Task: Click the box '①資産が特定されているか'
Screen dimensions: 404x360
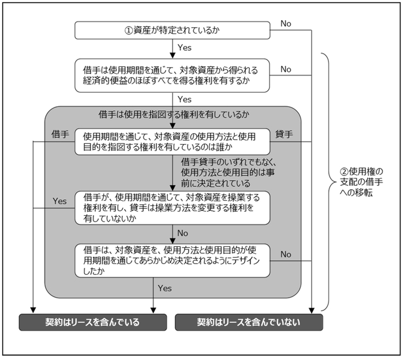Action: point(173,31)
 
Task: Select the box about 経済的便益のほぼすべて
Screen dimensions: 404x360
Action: point(173,76)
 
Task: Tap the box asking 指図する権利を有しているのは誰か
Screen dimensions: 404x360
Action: point(173,141)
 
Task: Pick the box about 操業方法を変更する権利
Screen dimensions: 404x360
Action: point(173,208)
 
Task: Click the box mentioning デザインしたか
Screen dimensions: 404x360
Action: point(173,261)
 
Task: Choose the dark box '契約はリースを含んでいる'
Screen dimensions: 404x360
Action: point(93,322)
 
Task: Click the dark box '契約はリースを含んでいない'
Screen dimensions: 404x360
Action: point(249,322)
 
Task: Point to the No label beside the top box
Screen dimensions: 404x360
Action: point(286,24)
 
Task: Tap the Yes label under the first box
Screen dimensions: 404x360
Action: point(185,48)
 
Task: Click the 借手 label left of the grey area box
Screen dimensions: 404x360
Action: point(60,134)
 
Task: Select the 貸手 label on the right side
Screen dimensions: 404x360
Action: point(284,134)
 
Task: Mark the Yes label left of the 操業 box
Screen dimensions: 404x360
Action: point(59,201)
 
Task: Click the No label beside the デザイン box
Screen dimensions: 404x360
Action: point(286,254)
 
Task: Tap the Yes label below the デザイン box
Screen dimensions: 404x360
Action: point(164,288)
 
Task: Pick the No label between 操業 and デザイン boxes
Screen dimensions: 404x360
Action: point(183,233)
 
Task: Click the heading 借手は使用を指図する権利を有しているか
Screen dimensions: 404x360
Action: point(174,115)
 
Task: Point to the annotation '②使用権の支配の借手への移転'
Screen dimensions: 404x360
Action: point(361,182)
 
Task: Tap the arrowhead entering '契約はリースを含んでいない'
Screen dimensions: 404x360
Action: point(312,311)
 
